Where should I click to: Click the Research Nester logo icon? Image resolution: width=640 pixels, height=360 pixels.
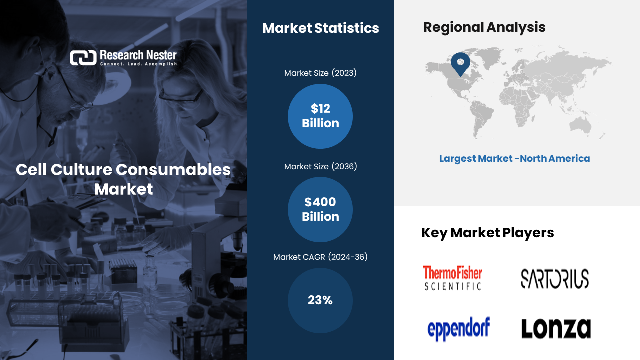click(83, 58)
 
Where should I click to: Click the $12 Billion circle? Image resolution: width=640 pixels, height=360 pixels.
click(320, 116)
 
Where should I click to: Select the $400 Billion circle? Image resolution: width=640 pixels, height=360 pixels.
click(320, 209)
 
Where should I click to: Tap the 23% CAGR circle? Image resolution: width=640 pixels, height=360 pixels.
click(320, 300)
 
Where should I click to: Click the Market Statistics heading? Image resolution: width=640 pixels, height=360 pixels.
click(321, 28)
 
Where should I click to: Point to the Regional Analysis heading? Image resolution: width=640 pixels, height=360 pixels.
click(484, 27)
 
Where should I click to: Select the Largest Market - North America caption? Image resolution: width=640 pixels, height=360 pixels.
click(514, 159)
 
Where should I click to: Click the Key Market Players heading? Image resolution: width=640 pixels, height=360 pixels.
click(487, 233)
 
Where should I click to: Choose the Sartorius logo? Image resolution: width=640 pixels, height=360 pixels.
click(555, 279)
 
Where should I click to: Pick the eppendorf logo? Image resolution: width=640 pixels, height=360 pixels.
click(459, 329)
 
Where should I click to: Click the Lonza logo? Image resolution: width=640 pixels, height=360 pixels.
click(556, 328)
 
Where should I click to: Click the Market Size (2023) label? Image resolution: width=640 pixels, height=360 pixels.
click(320, 73)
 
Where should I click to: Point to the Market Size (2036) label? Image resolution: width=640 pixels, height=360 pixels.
click(321, 167)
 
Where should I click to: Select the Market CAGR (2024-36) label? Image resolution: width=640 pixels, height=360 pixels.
click(320, 257)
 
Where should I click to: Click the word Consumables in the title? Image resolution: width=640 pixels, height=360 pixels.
click(173, 170)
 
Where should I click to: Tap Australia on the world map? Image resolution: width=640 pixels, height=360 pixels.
click(580, 126)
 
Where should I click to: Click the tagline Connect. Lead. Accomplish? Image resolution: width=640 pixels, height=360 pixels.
click(138, 64)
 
